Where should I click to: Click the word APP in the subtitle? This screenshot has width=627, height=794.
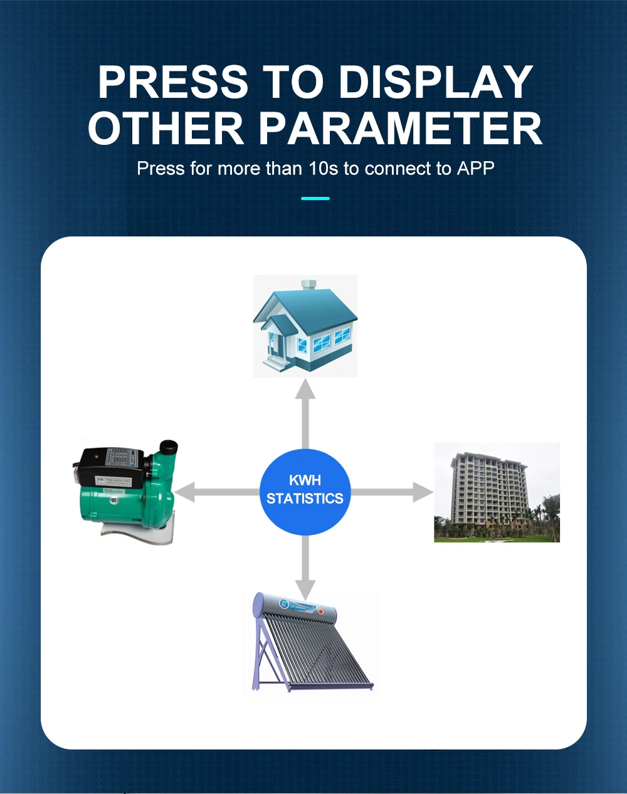coord(476,169)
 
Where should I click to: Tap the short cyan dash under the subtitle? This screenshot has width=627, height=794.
coord(315,198)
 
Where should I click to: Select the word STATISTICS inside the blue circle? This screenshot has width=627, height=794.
coord(305,499)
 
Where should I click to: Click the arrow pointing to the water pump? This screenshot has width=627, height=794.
coord(213,492)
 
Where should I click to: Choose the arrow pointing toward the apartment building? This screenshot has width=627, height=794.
coord(395,492)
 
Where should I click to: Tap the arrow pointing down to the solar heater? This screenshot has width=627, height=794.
coord(305,568)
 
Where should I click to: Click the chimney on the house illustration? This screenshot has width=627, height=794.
coord(308,285)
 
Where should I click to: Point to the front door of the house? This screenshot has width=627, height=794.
coord(272,344)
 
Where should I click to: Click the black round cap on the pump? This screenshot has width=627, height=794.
coord(168,448)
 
